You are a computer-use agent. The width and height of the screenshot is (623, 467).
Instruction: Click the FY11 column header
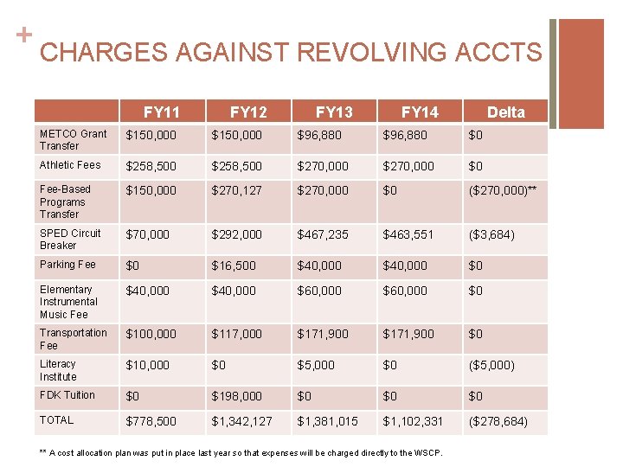click(x=162, y=112)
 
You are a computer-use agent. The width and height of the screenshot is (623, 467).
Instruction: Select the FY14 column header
click(x=420, y=112)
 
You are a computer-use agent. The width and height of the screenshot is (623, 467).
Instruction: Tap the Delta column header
click(x=505, y=112)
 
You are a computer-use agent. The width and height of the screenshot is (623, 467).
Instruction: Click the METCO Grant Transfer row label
click(x=74, y=139)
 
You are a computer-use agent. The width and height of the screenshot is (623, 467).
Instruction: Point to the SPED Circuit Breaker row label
click(x=70, y=239)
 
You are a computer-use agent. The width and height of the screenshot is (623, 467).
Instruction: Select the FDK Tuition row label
click(x=67, y=395)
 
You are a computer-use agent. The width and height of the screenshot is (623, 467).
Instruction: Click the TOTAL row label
click(x=57, y=420)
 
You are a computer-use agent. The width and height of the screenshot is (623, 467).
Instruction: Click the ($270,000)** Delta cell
click(x=503, y=190)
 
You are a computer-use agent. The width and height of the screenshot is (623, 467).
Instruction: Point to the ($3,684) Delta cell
click(x=491, y=234)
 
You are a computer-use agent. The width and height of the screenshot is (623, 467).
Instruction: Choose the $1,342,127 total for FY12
click(x=242, y=421)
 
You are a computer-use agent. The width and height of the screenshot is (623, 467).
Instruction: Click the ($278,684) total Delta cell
click(x=497, y=421)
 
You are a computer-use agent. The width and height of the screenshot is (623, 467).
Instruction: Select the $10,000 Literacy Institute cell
click(x=148, y=365)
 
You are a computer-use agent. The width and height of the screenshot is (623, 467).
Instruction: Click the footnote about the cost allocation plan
click(x=241, y=452)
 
